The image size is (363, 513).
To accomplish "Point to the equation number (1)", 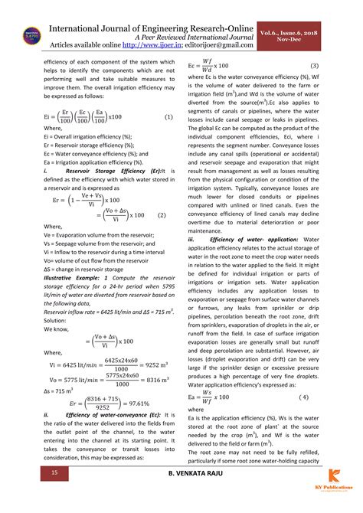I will [x=168, y=116].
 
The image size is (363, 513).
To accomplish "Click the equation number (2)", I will [x=162, y=215].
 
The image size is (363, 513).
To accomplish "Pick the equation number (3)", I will [x=314, y=67].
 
